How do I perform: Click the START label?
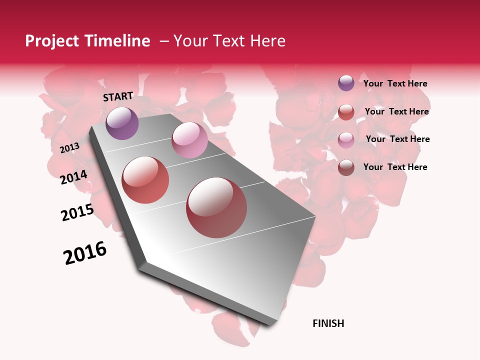(x=118, y=96)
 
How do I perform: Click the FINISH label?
(x=328, y=323)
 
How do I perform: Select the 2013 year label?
(x=69, y=148)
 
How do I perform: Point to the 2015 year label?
(x=77, y=212)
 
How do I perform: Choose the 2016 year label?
(x=85, y=253)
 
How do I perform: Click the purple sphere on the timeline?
(x=122, y=123)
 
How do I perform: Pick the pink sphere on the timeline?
(x=189, y=140)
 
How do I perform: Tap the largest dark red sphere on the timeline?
(x=216, y=207)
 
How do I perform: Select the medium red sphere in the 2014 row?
(x=145, y=180)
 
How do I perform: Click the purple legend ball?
(x=346, y=83)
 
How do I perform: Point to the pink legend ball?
(x=346, y=139)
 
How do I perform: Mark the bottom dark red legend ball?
(x=346, y=167)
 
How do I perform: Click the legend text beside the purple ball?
(x=395, y=83)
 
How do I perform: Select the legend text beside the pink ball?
(x=397, y=139)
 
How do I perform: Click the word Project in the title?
(x=51, y=41)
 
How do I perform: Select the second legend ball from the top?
(x=346, y=112)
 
